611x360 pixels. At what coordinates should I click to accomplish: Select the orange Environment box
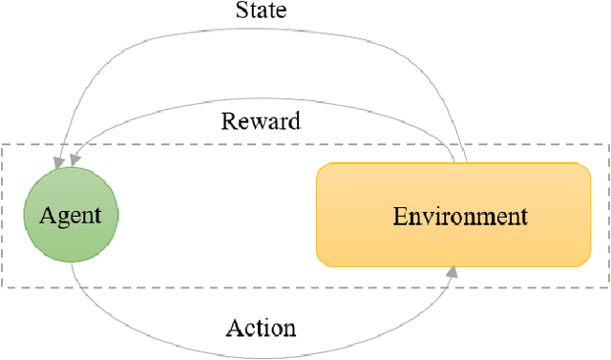[453, 214]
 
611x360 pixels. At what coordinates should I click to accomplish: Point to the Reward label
[261, 121]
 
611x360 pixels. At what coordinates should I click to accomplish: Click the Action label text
[261, 328]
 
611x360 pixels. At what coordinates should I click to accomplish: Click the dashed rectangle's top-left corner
[3, 145]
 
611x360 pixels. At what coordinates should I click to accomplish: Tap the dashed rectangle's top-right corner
[607, 145]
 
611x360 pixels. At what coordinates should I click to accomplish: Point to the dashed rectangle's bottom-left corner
[3, 287]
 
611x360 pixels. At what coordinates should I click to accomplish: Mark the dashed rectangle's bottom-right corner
[607, 287]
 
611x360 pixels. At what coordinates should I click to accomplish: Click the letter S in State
[240, 11]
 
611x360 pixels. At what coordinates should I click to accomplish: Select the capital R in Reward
[228, 121]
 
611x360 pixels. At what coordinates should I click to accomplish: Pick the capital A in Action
[233, 328]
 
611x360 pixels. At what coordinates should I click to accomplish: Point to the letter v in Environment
[426, 217]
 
